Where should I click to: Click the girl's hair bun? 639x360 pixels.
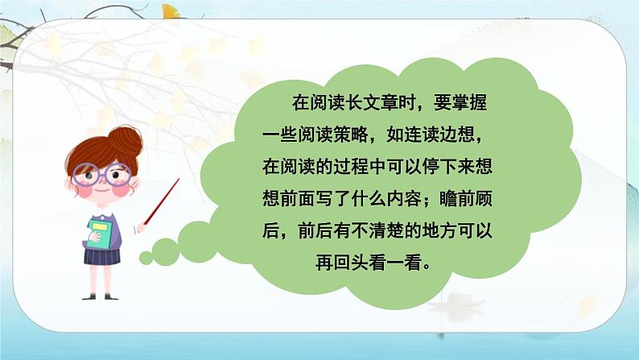tap(128, 142)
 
